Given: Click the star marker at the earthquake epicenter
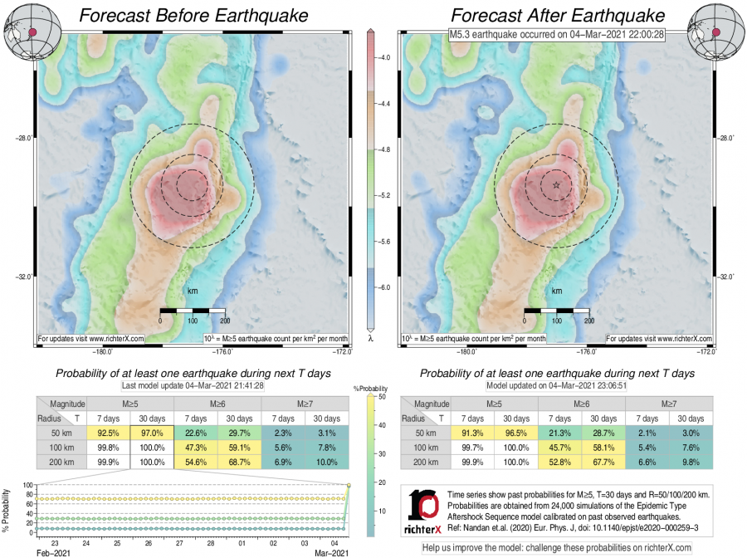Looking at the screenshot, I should point(555,185).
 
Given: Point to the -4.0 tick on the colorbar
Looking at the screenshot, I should point(386,58).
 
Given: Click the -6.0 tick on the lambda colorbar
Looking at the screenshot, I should point(386,286).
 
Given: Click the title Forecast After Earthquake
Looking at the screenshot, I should point(557,16).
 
